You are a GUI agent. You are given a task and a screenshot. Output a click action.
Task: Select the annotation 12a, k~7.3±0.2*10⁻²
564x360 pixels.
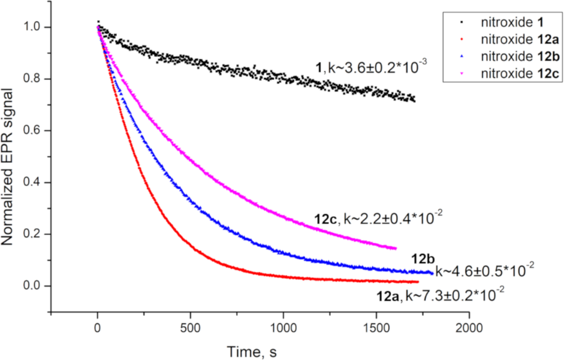tap(440, 295)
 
